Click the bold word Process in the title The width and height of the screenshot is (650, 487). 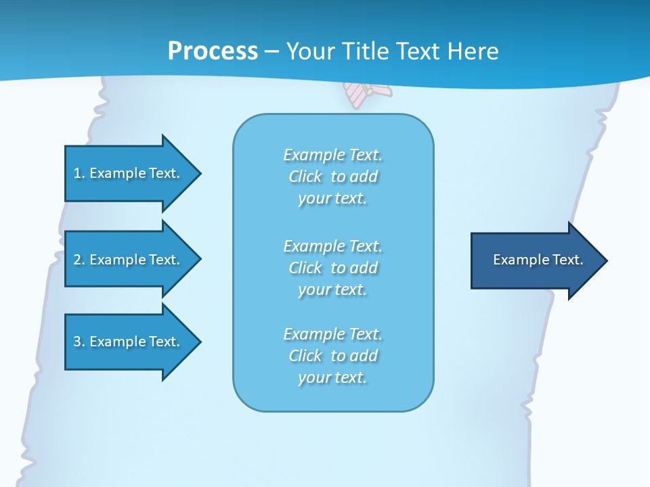[x=213, y=51]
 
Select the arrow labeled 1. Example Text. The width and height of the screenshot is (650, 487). [x=129, y=173]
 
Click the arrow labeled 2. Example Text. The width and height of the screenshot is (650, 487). [x=129, y=260]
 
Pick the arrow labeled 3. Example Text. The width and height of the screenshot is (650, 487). [x=129, y=342]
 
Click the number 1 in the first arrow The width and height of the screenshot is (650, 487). [x=77, y=173]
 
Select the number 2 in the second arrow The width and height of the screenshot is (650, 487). [x=77, y=260]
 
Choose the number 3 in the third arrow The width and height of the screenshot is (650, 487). [x=77, y=342]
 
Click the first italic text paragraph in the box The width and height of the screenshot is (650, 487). [x=332, y=177]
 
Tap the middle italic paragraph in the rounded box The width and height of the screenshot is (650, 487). [x=332, y=268]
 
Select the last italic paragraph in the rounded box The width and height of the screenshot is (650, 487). [x=332, y=356]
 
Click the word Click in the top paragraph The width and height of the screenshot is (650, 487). [x=305, y=177]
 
